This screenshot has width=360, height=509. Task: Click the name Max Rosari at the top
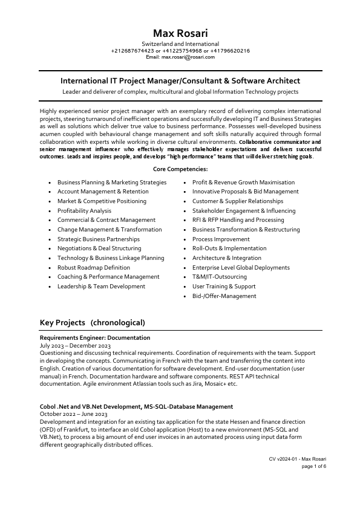180,33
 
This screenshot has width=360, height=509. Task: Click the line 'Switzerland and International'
180,44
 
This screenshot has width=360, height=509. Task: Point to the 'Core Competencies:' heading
180,169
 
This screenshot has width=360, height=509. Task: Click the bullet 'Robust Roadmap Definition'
93,267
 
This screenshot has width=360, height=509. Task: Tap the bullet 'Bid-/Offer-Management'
224,296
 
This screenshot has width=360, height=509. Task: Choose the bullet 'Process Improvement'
221,239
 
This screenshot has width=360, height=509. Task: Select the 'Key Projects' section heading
92,322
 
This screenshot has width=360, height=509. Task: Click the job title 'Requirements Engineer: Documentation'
94,337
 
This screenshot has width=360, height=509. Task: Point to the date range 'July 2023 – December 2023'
75,345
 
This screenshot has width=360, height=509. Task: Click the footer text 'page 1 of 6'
314,467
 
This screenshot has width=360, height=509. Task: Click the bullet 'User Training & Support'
224,286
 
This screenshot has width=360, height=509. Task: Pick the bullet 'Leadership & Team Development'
101,286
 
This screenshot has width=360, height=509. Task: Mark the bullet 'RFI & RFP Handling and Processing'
238,220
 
